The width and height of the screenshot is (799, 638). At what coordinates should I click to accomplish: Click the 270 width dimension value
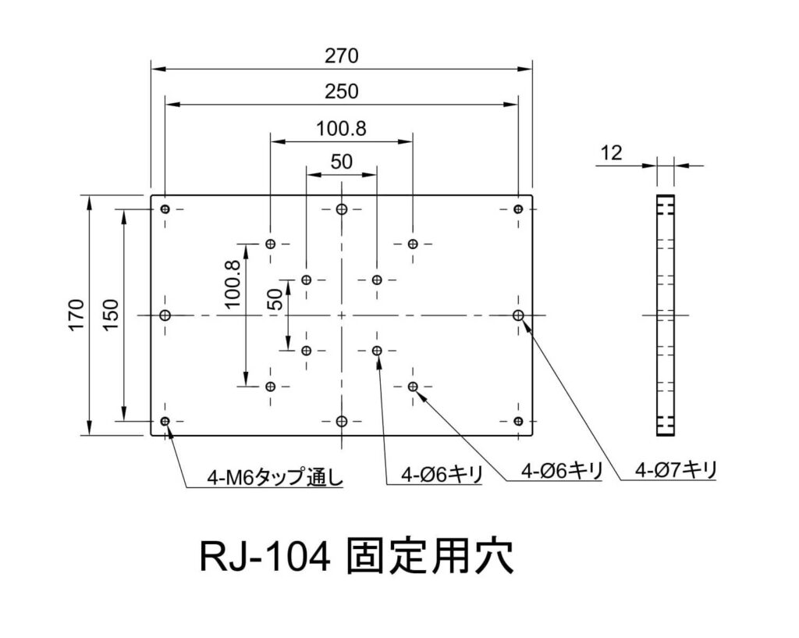341,56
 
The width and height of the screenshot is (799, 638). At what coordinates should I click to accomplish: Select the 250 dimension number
341,91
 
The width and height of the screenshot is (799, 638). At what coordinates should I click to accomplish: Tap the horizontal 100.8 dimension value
341,127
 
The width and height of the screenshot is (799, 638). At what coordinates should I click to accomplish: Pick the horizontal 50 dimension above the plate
341,162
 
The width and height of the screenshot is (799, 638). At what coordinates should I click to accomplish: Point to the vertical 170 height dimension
76,315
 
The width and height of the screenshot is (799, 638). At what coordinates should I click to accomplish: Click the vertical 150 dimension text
110,315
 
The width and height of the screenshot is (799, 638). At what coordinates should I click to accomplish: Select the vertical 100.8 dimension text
233,284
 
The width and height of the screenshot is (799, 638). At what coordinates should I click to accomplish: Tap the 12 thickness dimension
612,153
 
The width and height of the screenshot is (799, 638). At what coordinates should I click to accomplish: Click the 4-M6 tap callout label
275,477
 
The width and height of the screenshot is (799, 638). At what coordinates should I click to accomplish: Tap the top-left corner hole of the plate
165,209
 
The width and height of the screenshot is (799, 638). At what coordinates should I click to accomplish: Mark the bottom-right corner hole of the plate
518,422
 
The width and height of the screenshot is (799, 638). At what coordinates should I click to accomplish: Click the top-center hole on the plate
341,209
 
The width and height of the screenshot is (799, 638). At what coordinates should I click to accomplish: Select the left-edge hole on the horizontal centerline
165,315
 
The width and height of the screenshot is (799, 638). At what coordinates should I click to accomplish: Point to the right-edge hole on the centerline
518,315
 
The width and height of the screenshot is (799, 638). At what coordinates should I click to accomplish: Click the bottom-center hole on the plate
341,422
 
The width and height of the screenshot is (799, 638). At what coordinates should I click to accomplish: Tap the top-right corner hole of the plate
518,209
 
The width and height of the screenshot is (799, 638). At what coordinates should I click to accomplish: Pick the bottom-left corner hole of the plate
165,422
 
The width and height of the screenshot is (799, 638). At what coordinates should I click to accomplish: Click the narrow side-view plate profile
664,315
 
